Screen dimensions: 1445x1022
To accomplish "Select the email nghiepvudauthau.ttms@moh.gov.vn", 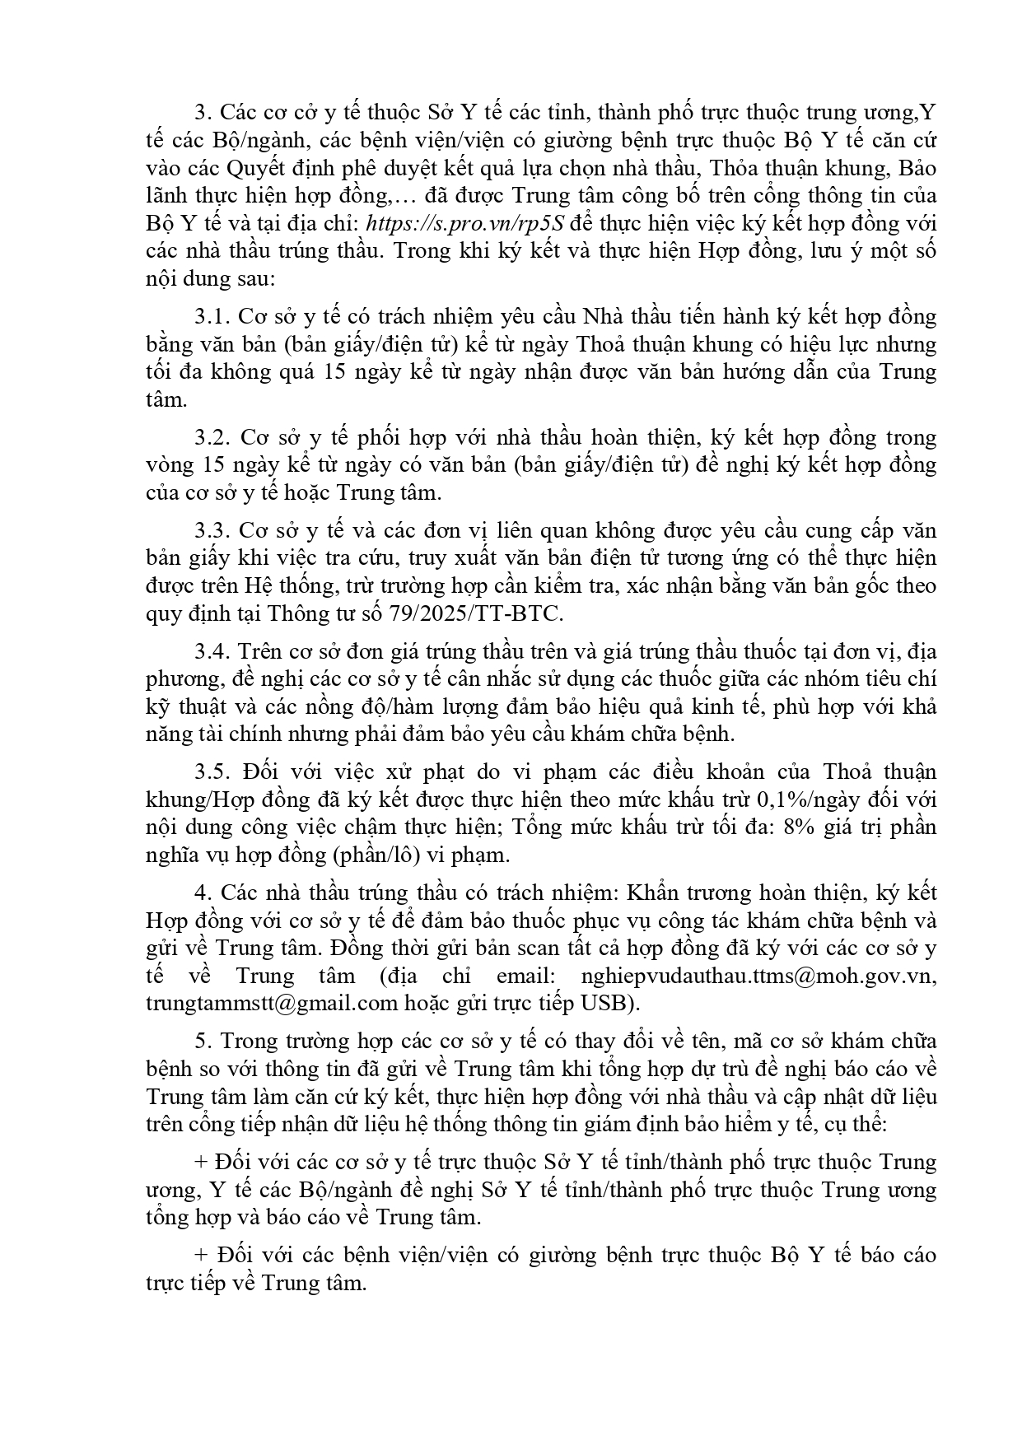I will click(x=758, y=976).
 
